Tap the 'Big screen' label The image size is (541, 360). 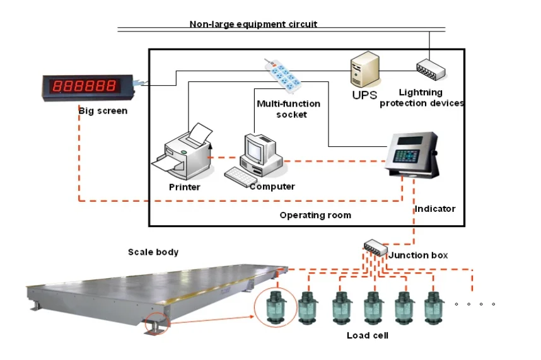point(103,111)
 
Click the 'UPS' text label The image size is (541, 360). point(364,95)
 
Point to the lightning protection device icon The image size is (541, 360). point(430,70)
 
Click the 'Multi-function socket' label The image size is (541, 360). point(289,108)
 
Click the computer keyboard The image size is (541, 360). point(240,176)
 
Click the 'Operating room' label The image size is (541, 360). point(315,215)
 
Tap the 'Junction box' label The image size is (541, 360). point(419,255)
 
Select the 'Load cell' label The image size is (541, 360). point(368,335)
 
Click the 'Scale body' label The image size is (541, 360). point(153,252)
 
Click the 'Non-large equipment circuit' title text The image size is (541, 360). point(253,25)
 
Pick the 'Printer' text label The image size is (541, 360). point(184,187)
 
